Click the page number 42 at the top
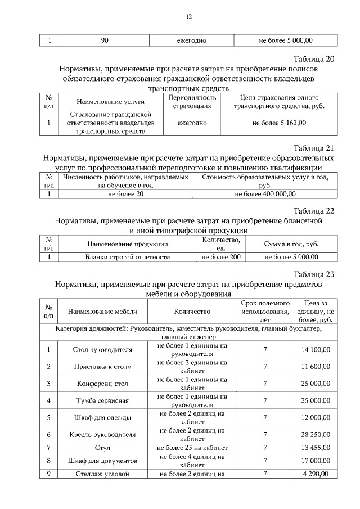pos(188,17)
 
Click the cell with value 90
pos(104,40)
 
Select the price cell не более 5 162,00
pos(280,122)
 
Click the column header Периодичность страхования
pos(192,101)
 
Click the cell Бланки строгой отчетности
pos(127,257)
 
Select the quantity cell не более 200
pos(221,257)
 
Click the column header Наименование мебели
pos(102,311)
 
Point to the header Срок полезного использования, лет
pos(265,311)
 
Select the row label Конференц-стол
pos(102,384)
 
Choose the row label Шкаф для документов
pos(102,461)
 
